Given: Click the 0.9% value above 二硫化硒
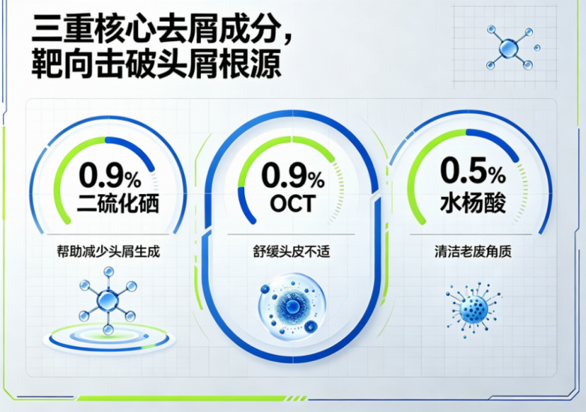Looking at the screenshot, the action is click(x=110, y=175).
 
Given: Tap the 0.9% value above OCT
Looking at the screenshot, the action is click(x=293, y=175).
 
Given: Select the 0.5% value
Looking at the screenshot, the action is click(x=473, y=171).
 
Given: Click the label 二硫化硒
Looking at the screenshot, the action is click(x=118, y=203).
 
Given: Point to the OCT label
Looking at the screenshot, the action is click(x=293, y=204).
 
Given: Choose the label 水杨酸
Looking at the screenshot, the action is click(x=473, y=203).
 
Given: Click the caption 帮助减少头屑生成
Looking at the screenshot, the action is click(x=109, y=251).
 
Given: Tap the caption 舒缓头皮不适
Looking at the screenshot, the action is click(x=292, y=252).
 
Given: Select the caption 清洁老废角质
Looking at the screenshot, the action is click(x=473, y=252).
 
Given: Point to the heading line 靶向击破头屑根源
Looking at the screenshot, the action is click(x=156, y=64).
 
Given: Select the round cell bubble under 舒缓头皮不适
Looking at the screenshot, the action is click(x=292, y=307).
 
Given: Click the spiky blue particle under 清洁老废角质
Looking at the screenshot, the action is click(x=473, y=309).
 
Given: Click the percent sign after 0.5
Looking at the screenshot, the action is click(x=496, y=175).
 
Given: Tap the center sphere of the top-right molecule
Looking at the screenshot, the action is click(x=509, y=48).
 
